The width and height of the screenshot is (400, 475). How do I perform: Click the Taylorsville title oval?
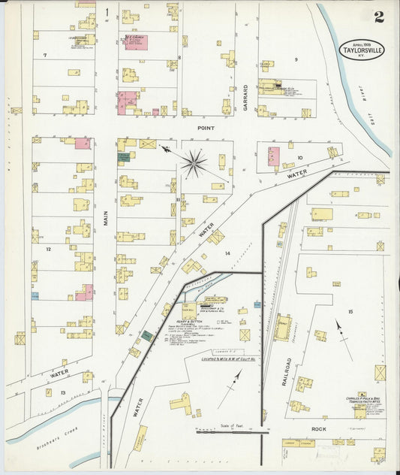coord(359,49)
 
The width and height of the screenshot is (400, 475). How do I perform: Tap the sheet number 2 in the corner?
coord(379,17)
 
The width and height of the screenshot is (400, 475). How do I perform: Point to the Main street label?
coord(107,218)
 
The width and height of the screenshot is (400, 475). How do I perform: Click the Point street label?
coord(206,128)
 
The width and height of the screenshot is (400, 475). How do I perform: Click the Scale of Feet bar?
coord(232,431)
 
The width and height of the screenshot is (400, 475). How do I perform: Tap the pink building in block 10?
coord(273,156)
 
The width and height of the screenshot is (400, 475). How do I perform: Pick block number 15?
coord(349,310)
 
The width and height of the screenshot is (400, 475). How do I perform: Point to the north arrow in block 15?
coord(342,336)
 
